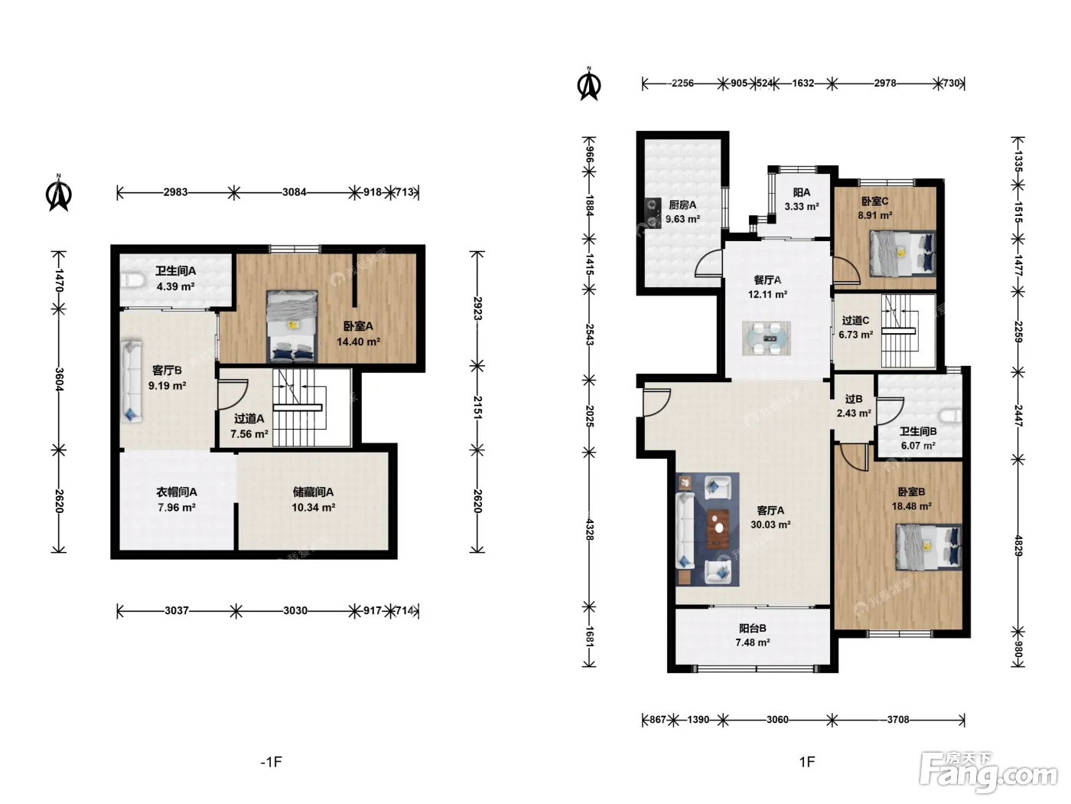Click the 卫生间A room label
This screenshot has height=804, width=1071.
(x=175, y=271)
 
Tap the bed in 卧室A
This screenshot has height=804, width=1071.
(x=291, y=327)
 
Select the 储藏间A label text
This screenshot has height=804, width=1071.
(x=313, y=492)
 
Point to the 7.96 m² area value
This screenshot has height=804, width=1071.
(x=176, y=508)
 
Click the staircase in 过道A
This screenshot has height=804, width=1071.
(x=299, y=407)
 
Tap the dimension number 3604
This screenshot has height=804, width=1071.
(x=59, y=379)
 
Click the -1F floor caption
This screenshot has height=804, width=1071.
(x=272, y=762)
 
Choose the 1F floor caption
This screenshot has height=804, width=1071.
(x=807, y=762)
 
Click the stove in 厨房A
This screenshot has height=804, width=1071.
(x=653, y=213)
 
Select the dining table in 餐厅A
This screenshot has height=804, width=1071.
(x=767, y=338)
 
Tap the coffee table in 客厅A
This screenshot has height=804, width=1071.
(x=718, y=528)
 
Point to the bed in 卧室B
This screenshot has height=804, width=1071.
(x=929, y=547)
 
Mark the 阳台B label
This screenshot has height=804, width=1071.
(x=753, y=629)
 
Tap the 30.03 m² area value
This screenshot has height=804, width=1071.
(x=770, y=525)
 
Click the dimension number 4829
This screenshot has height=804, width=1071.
(x=1018, y=546)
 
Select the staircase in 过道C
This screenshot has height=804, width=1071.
(x=899, y=331)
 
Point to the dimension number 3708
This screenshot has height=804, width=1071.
(x=898, y=720)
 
